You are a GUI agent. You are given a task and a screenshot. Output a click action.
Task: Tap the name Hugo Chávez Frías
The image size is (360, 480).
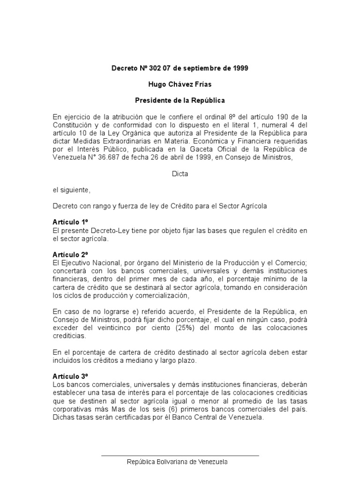tap(180, 84)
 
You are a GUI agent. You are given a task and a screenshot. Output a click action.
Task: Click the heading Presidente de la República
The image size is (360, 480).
tap(180, 100)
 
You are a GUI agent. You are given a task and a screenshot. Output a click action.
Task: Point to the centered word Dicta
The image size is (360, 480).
tap(180, 174)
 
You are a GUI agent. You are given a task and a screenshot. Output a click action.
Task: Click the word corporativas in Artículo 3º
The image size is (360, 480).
tap(72, 408)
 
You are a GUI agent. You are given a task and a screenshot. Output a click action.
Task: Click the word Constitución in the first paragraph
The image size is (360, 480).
tap(74, 125)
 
